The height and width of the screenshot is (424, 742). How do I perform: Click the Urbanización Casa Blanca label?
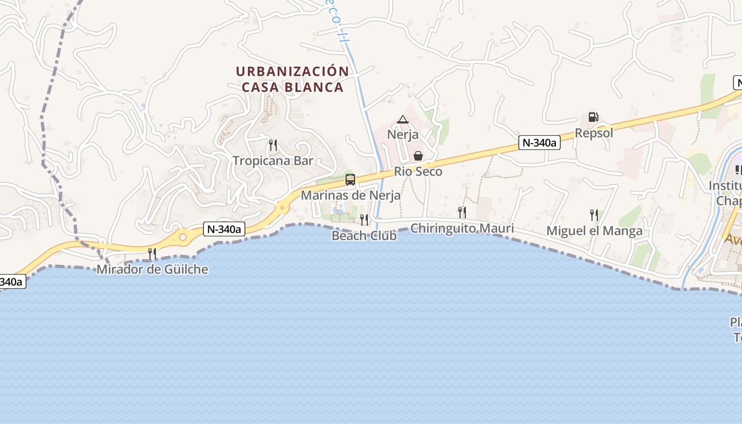click(x=293, y=79)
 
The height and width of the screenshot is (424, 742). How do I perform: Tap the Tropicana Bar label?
click(x=273, y=161)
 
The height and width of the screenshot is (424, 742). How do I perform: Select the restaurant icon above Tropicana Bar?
click(x=273, y=145)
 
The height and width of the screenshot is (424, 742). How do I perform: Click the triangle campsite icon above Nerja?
click(x=403, y=119)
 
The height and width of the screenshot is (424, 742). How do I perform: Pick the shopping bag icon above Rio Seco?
click(x=418, y=156)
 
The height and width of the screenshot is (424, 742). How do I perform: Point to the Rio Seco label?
click(x=418, y=172)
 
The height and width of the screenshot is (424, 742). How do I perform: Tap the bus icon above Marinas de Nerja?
click(x=350, y=179)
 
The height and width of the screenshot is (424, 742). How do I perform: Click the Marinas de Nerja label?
click(x=350, y=195)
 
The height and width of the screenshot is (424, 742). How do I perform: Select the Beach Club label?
click(x=364, y=235)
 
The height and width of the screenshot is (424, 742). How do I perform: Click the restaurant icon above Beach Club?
click(x=364, y=219)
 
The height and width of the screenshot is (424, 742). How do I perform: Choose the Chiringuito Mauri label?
click(x=462, y=228)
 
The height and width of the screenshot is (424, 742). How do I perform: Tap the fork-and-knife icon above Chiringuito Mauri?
click(x=462, y=213)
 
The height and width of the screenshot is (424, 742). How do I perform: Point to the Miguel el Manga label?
click(x=594, y=231)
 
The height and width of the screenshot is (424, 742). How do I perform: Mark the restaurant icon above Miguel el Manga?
click(x=594, y=215)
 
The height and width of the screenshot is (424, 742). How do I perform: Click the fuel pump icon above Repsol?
click(x=594, y=117)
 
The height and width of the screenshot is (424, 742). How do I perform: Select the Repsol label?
click(x=594, y=133)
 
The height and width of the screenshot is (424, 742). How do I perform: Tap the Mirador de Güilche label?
click(x=152, y=269)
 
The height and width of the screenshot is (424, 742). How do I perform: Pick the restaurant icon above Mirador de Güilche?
click(x=152, y=253)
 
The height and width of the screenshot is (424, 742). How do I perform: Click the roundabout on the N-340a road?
click(x=183, y=237)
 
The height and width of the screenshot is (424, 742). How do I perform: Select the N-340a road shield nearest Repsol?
click(x=539, y=143)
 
